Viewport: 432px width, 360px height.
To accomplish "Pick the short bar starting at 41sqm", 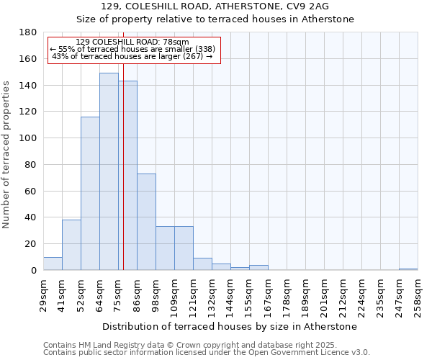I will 71,245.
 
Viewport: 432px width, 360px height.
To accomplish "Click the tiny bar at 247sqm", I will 408,269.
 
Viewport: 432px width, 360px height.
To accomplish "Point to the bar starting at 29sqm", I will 53,264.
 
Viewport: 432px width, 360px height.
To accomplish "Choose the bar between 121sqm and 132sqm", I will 202,264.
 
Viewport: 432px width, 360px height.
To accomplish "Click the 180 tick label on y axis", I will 28,32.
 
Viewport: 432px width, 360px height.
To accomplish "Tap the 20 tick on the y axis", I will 31,244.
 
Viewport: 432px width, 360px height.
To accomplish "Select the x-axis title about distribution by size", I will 230,326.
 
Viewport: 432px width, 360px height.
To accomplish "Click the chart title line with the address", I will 215,6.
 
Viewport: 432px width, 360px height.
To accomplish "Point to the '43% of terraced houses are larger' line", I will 132,56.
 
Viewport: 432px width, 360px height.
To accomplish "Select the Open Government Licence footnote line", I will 207,352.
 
